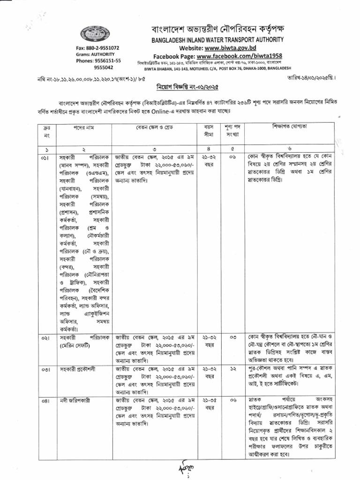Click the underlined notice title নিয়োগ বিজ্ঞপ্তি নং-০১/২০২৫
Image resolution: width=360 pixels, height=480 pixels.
[183, 87]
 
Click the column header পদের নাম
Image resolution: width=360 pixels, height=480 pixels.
[83, 128]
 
